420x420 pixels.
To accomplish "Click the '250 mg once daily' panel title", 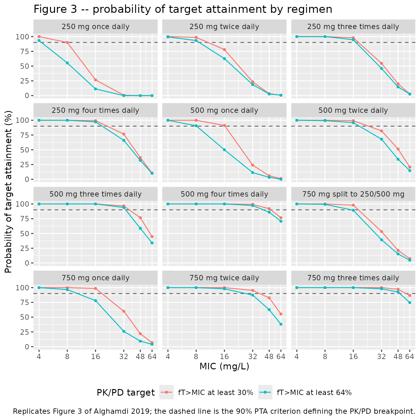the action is click(x=95, y=27).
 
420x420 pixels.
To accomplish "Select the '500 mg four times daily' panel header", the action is click(x=224, y=194).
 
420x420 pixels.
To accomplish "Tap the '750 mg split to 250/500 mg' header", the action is click(x=353, y=194).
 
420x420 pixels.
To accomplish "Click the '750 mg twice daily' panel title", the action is click(x=224, y=278).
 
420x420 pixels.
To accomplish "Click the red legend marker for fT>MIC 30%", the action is click(x=167, y=392).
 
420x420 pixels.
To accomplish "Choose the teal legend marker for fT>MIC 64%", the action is click(x=265, y=392).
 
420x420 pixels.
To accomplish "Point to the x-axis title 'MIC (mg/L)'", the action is click(x=224, y=366).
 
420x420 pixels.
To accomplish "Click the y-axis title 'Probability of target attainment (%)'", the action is click(x=8, y=192).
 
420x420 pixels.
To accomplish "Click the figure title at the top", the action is click(x=183, y=9).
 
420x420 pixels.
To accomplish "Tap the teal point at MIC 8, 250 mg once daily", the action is click(x=67, y=63).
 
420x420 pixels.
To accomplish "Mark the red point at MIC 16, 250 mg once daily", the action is click(x=95, y=80).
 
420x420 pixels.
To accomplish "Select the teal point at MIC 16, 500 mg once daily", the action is click(x=224, y=150).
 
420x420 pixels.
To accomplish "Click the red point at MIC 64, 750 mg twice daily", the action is click(x=281, y=314).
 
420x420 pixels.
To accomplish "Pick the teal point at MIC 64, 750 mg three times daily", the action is click(x=410, y=302).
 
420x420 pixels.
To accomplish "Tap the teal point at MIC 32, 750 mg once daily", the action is click(x=124, y=331).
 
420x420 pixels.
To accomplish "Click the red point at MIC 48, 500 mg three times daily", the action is click(x=140, y=218).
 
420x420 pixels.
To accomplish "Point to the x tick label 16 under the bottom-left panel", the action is click(x=95, y=357).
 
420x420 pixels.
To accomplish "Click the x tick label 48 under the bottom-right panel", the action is click(x=398, y=357).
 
